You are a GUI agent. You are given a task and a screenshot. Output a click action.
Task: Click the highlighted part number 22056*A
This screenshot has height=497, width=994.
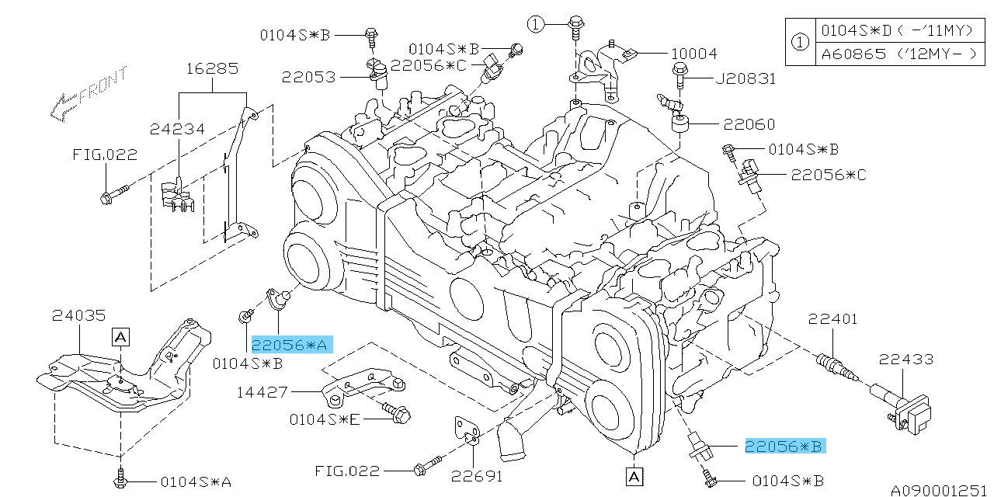tap(291, 344)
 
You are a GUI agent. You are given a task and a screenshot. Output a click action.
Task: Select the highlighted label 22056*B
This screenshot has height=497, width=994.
tap(784, 446)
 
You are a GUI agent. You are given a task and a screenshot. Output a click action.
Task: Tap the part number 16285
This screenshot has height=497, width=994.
tap(211, 68)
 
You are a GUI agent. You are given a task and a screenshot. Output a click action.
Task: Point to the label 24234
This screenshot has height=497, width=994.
tap(178, 129)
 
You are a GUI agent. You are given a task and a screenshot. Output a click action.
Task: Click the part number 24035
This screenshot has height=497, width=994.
tap(78, 315)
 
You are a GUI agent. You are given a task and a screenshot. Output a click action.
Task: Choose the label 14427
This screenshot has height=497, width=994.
tap(262, 393)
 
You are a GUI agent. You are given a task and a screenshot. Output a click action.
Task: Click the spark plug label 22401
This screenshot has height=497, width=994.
tap(832, 318)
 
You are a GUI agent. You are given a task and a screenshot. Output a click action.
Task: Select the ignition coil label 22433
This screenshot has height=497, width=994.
tap(906, 359)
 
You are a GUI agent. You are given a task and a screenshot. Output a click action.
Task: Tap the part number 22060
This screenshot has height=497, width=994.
tap(749, 124)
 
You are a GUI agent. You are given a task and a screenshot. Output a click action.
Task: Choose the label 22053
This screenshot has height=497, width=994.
tap(308, 77)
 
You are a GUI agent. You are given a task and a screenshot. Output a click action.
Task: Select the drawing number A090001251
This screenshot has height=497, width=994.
tap(940, 490)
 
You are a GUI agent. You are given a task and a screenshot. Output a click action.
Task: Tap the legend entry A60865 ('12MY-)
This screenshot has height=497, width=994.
tap(898, 54)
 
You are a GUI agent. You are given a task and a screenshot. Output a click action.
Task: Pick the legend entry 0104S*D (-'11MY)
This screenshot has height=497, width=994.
tap(898, 30)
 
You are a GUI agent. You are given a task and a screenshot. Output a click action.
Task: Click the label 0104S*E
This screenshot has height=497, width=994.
tap(325, 419)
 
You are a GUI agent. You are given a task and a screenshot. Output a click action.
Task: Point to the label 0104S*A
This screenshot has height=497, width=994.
tap(196, 481)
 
